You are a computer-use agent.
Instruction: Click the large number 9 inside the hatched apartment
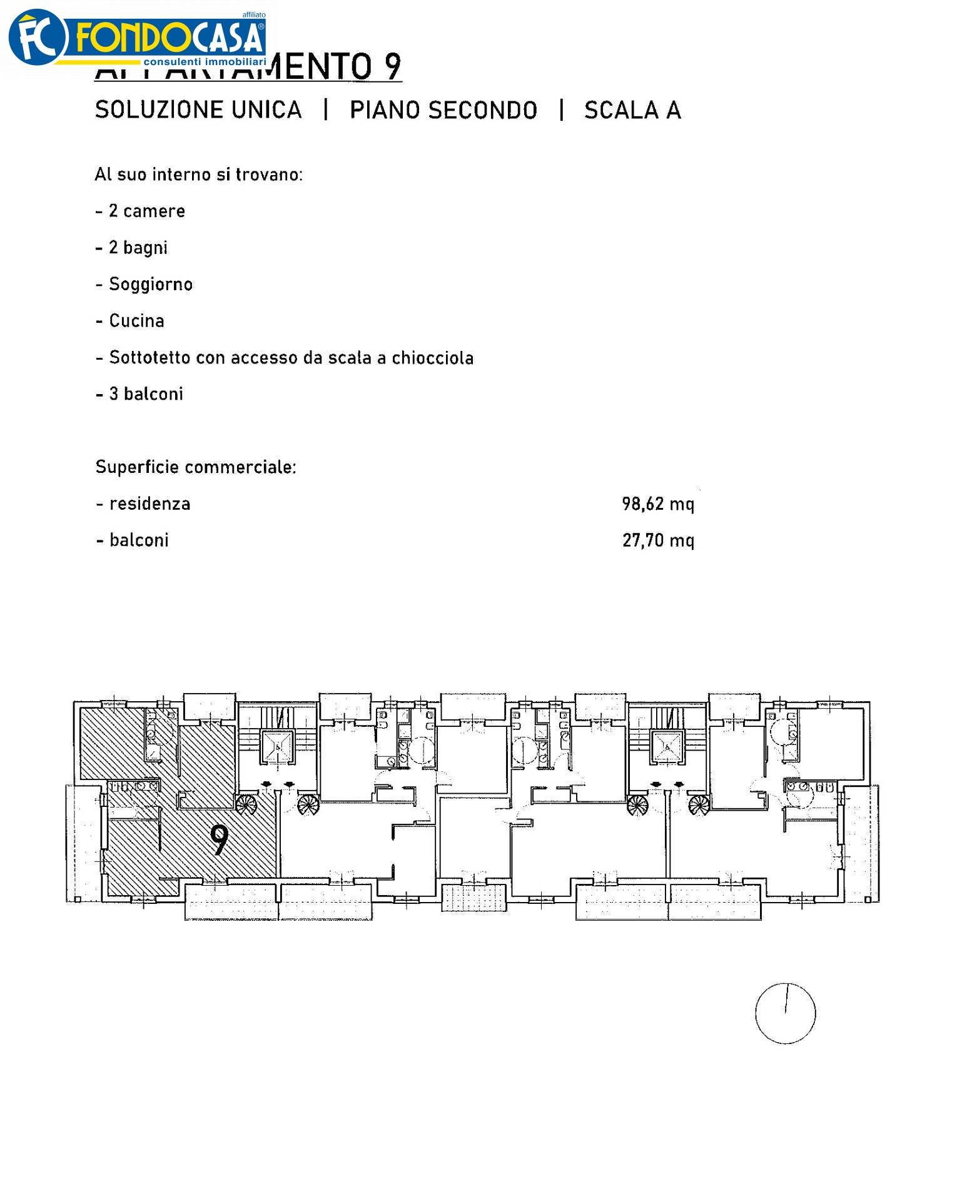pyautogui.click(x=219, y=840)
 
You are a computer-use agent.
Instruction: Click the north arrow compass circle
pyautogui.click(x=785, y=1013)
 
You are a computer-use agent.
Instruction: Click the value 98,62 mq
pyautogui.click(x=657, y=504)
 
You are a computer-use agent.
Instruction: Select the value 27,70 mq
pyautogui.click(x=657, y=540)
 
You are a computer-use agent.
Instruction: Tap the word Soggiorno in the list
pyautogui.click(x=151, y=284)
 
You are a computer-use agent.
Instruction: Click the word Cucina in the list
pyautogui.click(x=136, y=321)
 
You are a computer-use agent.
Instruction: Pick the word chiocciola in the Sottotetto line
pyautogui.click(x=432, y=358)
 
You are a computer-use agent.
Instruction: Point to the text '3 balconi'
pyautogui.click(x=146, y=394)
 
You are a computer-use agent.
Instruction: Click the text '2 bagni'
pyautogui.click(x=138, y=248)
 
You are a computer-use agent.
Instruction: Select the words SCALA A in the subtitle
pyautogui.click(x=632, y=110)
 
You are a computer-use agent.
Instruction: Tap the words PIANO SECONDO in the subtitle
pyautogui.click(x=443, y=110)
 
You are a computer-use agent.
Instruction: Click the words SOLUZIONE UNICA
pyautogui.click(x=198, y=110)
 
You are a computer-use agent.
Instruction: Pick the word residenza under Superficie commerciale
pyautogui.click(x=149, y=504)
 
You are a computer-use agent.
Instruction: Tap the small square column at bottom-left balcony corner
pyautogui.click(x=77, y=899)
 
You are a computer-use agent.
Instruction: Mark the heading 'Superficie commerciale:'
pyautogui.click(x=195, y=467)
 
